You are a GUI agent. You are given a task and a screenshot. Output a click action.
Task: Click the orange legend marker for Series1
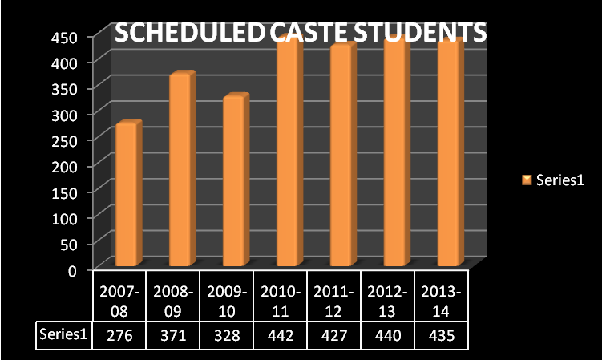click(527, 180)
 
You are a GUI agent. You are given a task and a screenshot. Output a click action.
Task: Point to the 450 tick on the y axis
click(65, 37)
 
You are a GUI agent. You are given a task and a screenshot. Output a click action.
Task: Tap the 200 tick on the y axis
click(65, 165)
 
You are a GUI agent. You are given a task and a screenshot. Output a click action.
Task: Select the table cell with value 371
click(173, 336)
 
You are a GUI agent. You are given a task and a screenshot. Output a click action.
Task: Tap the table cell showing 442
click(280, 336)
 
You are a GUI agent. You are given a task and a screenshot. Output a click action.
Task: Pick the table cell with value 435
click(440, 336)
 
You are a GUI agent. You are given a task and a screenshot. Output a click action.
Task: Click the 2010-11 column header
click(280, 300)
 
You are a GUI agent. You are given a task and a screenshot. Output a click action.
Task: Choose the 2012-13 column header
click(386, 300)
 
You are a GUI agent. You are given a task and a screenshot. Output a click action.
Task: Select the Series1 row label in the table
click(63, 335)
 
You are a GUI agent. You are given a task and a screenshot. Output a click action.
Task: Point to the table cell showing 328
click(226, 336)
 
